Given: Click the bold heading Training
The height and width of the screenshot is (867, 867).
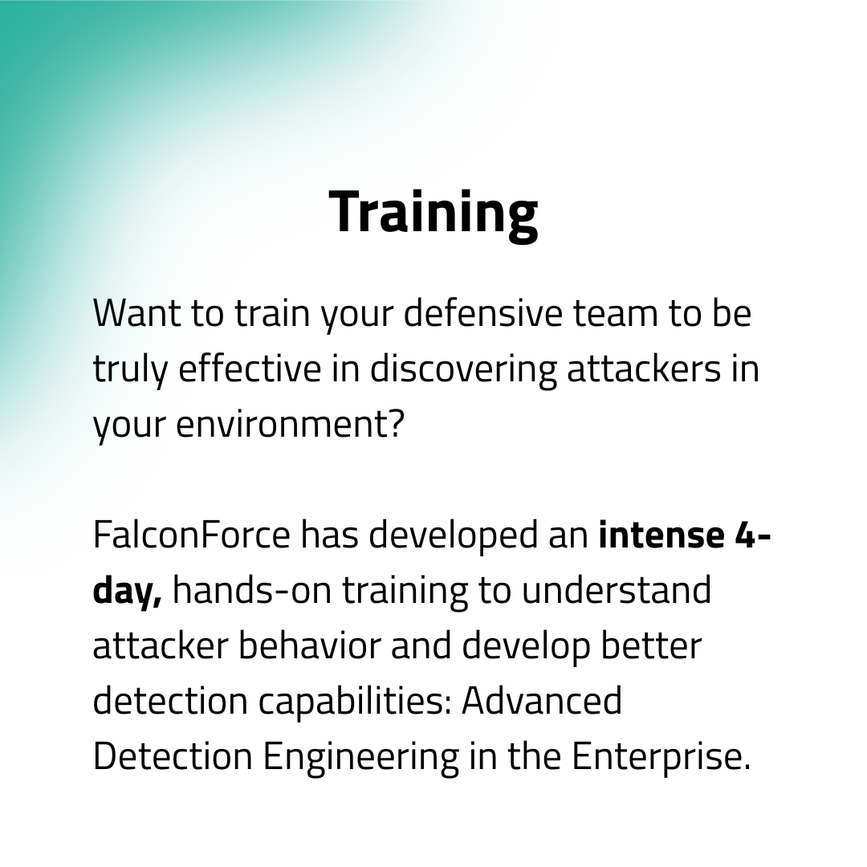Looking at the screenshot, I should click(x=433, y=212).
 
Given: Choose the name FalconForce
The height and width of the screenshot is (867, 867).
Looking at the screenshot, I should click(x=191, y=535).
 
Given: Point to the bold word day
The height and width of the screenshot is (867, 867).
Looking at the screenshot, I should click(x=124, y=591).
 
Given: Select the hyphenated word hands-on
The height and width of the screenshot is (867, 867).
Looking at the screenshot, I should click(x=254, y=591).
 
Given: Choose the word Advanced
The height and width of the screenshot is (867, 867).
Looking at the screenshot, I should click(x=542, y=702).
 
